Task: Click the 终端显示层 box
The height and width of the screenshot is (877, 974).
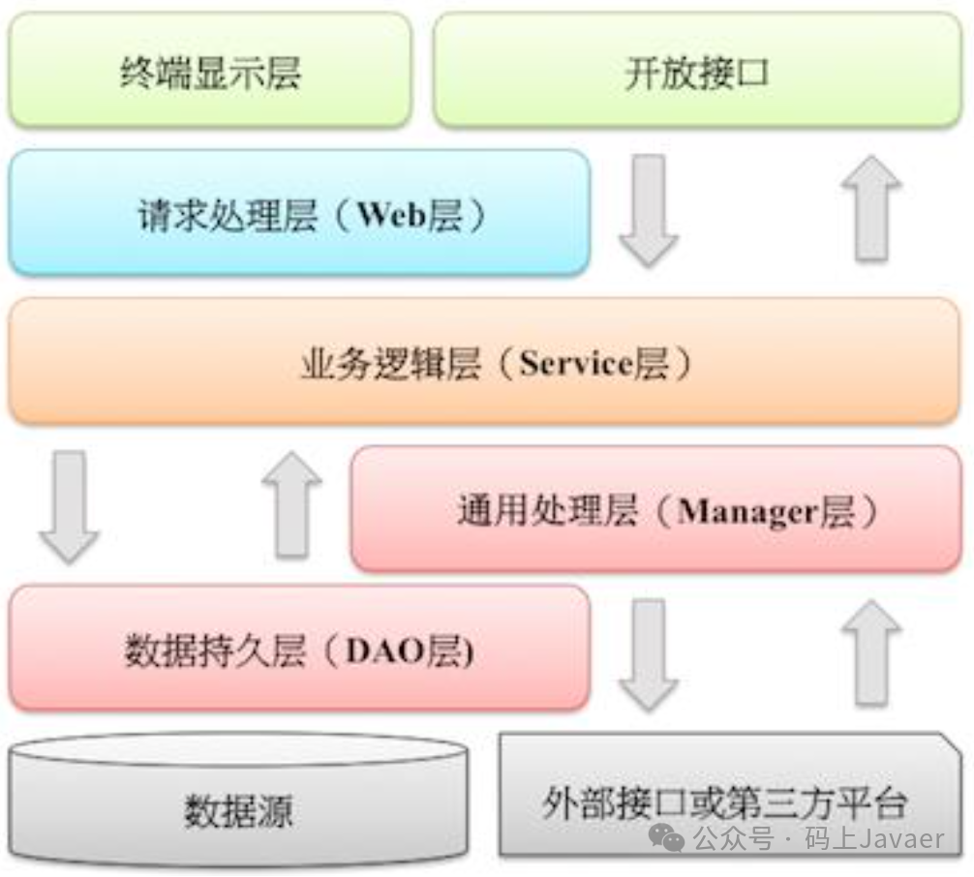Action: [209, 72]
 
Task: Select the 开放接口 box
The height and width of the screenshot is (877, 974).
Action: [697, 72]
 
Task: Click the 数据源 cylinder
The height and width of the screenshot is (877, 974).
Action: [238, 808]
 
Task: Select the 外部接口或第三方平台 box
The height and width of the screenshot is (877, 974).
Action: [724, 801]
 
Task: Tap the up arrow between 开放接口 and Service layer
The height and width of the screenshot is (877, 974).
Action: [870, 208]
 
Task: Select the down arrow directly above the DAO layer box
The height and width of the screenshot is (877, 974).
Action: [69, 506]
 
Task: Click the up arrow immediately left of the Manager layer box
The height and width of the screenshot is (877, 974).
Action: [291, 504]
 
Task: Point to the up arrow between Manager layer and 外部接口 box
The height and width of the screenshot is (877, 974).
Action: [870, 651]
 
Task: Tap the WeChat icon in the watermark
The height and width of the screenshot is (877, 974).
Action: [667, 838]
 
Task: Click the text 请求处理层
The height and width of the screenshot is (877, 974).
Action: [228, 215]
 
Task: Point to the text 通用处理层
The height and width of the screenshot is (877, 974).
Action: [547, 511]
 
